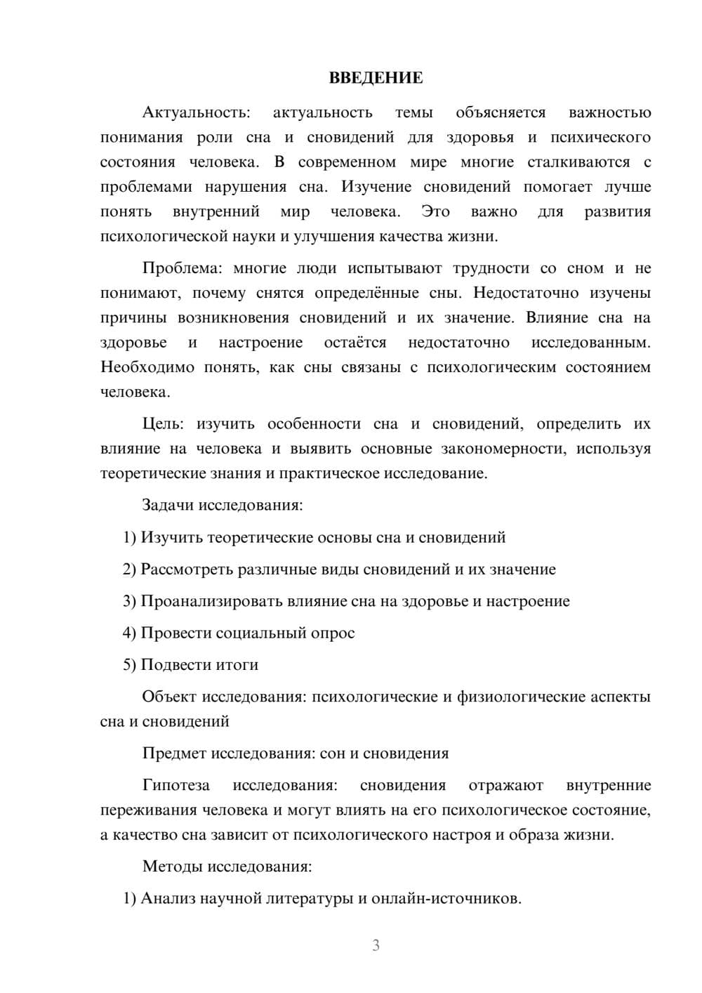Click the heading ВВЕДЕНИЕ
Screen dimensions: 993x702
pyautogui.click(x=376, y=78)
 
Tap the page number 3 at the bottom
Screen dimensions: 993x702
pyautogui.click(x=376, y=945)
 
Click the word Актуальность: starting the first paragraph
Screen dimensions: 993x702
pyautogui.click(x=196, y=112)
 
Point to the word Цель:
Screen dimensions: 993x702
pyautogui.click(x=163, y=423)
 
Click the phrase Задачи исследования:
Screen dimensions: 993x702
pyautogui.click(x=223, y=505)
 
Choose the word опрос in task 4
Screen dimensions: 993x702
pyautogui.click(x=331, y=633)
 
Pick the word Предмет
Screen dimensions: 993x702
pyautogui.click(x=173, y=754)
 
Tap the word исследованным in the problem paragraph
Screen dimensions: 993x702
pyautogui.click(x=590, y=343)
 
